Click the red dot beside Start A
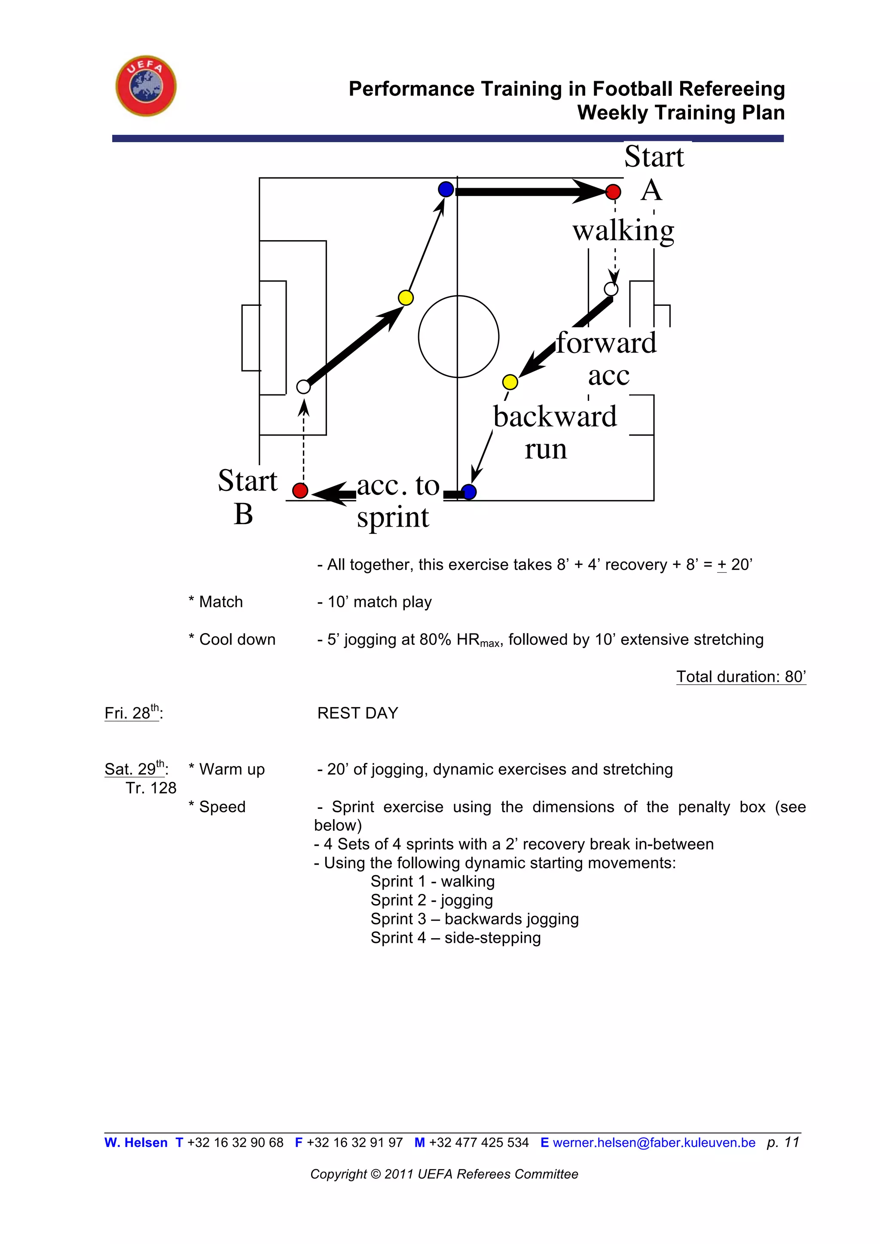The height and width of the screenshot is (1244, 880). click(613, 192)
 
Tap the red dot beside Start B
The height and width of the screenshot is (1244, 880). click(300, 490)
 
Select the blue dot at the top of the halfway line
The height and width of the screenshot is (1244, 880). click(446, 189)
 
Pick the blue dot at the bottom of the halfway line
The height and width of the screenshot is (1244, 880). click(469, 492)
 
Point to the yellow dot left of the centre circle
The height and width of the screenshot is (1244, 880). click(405, 297)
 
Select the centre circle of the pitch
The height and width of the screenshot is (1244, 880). click(458, 336)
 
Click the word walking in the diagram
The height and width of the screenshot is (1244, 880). click(623, 231)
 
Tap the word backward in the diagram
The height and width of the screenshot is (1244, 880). click(555, 416)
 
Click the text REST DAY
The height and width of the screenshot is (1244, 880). click(357, 713)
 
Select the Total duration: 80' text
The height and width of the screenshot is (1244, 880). click(741, 676)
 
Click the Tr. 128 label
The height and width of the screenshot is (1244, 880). click(151, 788)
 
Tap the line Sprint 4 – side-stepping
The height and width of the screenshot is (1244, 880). click(455, 937)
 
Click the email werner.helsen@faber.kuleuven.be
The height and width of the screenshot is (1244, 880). click(654, 1143)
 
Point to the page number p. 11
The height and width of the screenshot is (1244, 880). click(783, 1142)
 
